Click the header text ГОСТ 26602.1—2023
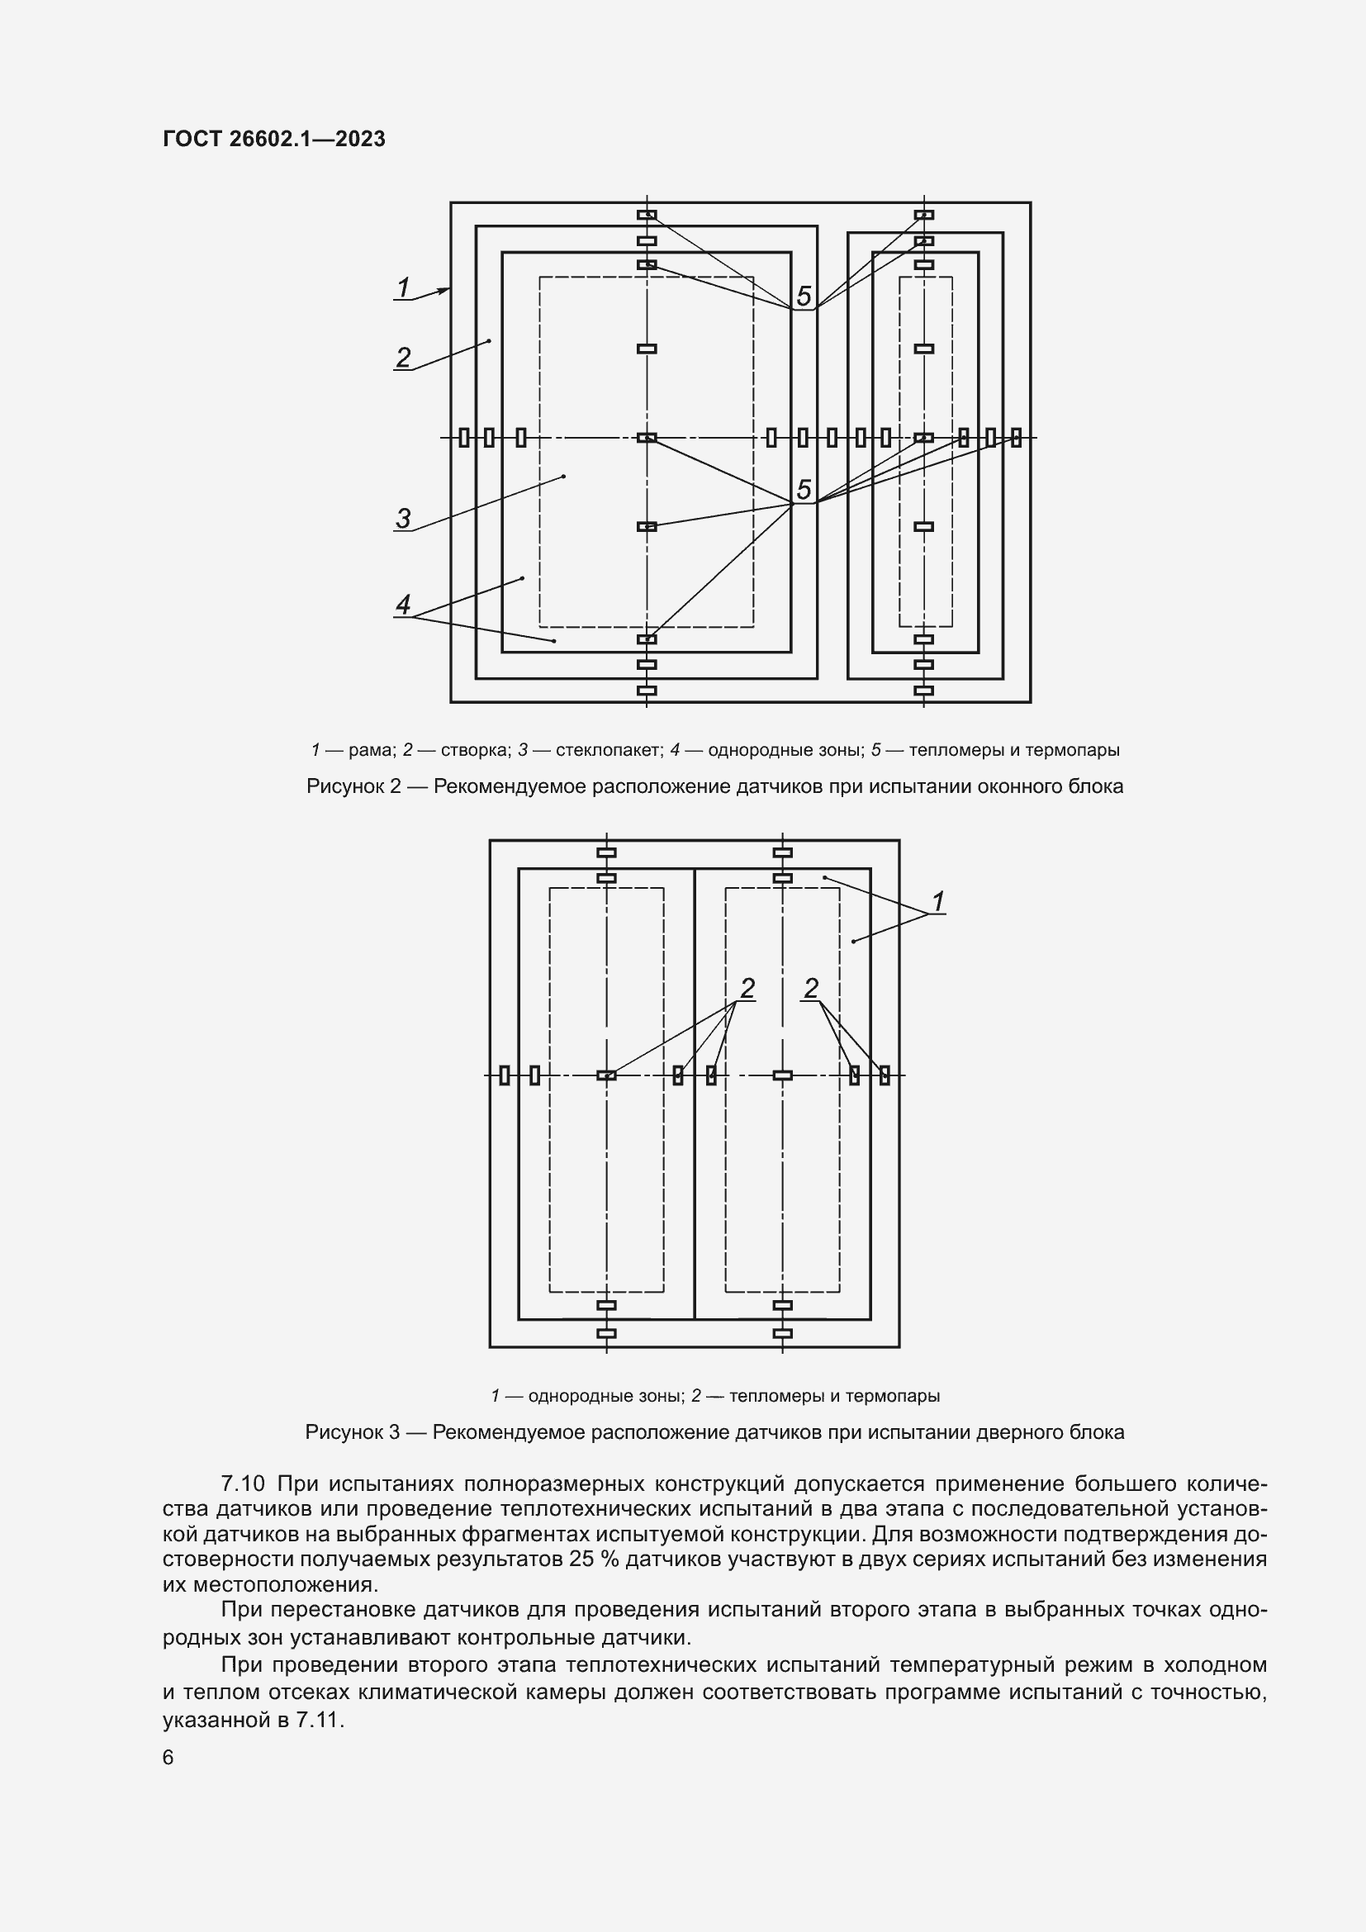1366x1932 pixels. pos(274,139)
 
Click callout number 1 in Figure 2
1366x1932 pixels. pos(404,287)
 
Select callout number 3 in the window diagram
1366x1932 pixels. pos(404,519)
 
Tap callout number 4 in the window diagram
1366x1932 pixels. pos(403,604)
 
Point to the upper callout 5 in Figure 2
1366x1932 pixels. pos(804,297)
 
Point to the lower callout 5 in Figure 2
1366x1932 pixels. pos(804,490)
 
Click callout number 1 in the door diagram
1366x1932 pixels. pos(938,901)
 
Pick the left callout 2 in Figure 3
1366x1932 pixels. pos(747,988)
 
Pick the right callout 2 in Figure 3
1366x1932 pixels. pos(811,988)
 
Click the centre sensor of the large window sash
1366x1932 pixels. pos(646,438)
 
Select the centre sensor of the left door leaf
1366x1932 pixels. pos(605,1075)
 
